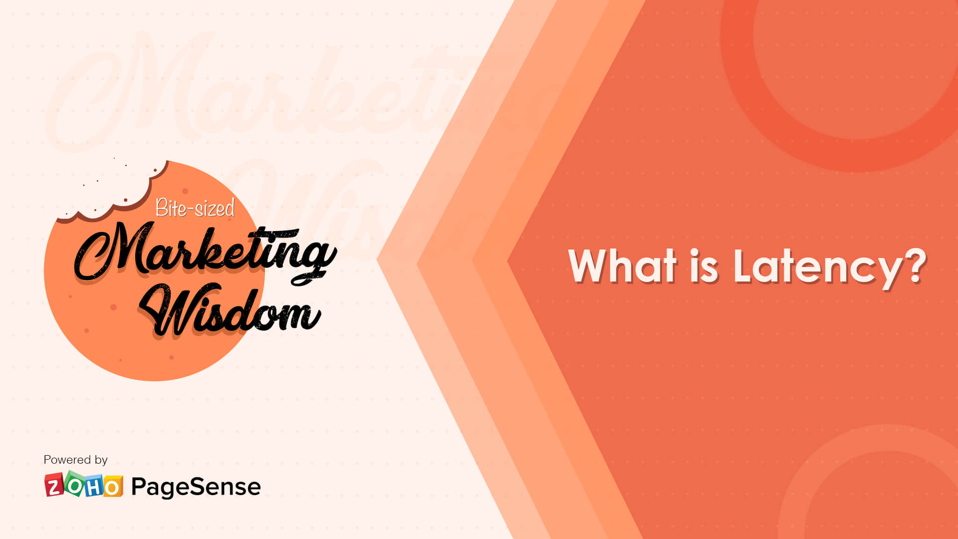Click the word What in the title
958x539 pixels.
[623, 266]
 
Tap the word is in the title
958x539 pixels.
[704, 266]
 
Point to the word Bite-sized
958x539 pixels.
[195, 208]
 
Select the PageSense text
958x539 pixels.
[196, 487]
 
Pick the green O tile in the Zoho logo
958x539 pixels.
[74, 484]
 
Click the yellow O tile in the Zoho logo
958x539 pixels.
[113, 487]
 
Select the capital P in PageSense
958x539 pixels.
[139, 486]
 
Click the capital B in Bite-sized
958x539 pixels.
[161, 208]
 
